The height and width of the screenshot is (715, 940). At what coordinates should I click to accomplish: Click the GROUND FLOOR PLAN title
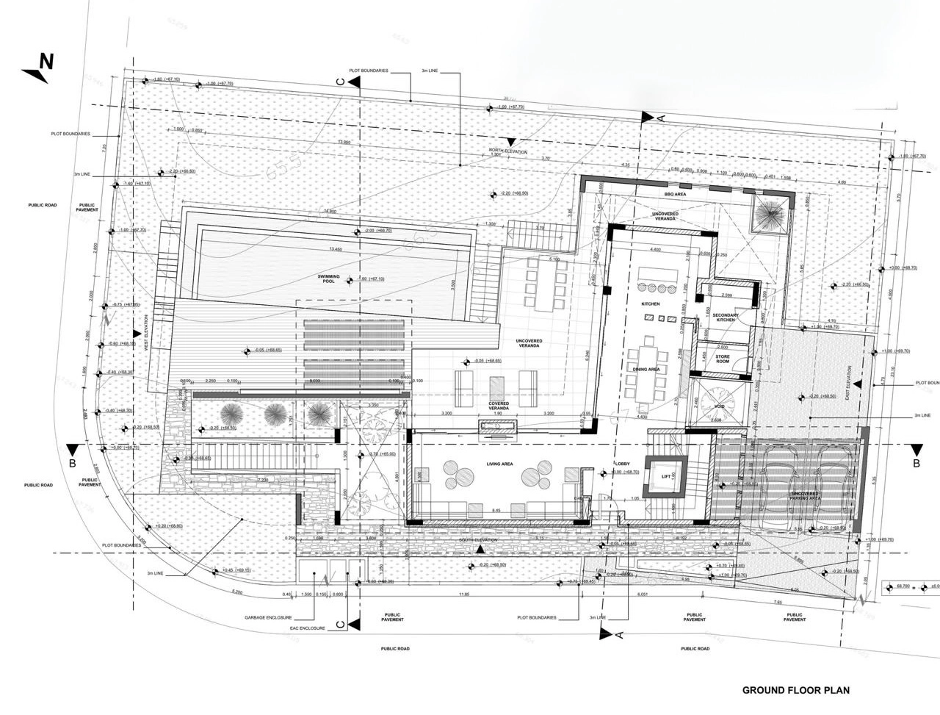(x=795, y=690)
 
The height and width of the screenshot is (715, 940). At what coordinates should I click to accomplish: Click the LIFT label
(x=667, y=477)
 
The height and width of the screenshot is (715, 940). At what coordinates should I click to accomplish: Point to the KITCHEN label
(x=650, y=303)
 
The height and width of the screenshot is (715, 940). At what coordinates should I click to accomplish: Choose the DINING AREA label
(x=646, y=370)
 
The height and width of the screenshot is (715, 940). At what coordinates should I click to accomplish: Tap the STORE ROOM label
(x=723, y=359)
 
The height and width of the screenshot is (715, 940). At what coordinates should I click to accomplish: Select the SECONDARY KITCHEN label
(x=723, y=317)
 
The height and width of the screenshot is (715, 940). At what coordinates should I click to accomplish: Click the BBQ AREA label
(x=674, y=194)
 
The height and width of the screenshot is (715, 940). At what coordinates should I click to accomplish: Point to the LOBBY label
(x=613, y=464)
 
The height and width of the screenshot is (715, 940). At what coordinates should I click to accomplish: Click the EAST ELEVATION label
(x=846, y=382)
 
